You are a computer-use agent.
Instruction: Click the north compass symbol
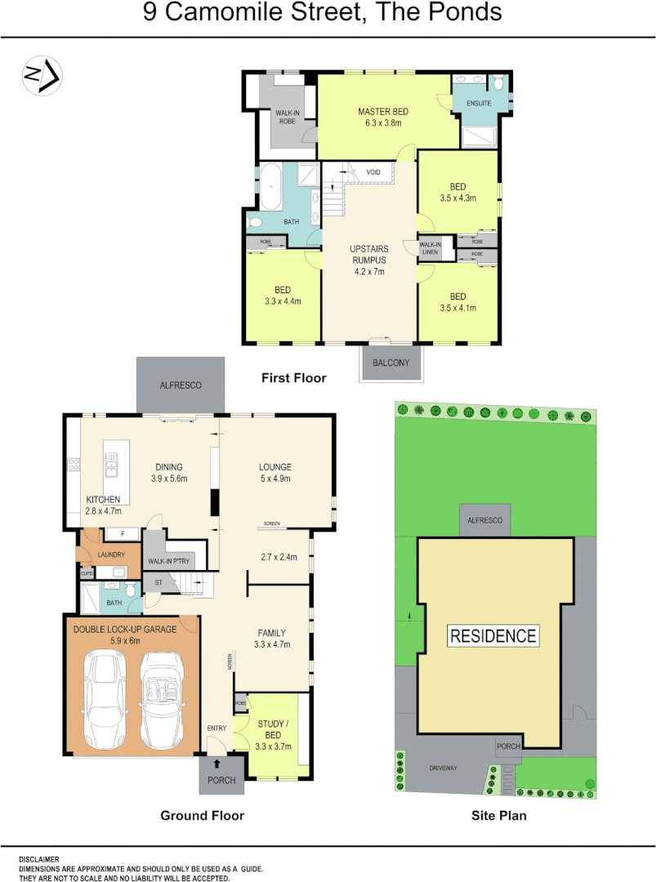pyautogui.click(x=41, y=76)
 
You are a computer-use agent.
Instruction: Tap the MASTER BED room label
pyautogui.click(x=382, y=112)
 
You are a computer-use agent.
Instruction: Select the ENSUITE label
pyautogui.click(x=478, y=104)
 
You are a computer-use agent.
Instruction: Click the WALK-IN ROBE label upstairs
pyautogui.click(x=285, y=117)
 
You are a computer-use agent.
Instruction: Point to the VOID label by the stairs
pyautogui.click(x=373, y=172)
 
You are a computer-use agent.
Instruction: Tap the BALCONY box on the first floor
pyautogui.click(x=391, y=363)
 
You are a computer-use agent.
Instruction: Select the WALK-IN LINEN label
pyautogui.click(x=430, y=248)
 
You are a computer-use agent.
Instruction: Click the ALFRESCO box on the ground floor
pyautogui.click(x=181, y=385)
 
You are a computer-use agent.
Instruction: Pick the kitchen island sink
pyautogui.click(x=110, y=468)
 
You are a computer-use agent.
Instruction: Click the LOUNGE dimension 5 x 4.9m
pyautogui.click(x=276, y=479)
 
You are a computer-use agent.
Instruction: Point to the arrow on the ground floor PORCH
pyautogui.click(x=217, y=764)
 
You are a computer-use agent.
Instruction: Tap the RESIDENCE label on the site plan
pyautogui.click(x=493, y=636)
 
